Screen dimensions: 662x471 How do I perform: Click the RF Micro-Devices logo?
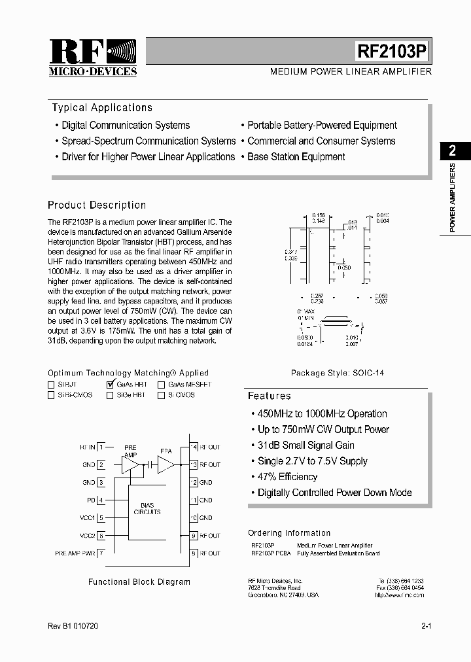click(x=93, y=58)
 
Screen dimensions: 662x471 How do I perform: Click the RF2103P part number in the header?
click(x=393, y=52)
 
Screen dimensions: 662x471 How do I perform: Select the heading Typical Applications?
click(x=102, y=108)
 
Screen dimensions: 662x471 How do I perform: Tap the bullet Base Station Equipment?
click(x=296, y=157)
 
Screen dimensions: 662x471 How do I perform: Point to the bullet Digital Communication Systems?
click(x=126, y=126)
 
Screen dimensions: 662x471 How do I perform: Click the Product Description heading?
click(x=97, y=205)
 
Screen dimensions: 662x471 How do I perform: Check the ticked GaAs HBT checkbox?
click(x=110, y=385)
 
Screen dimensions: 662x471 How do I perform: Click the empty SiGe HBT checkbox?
click(x=110, y=395)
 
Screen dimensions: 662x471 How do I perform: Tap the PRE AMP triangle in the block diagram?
click(x=131, y=464)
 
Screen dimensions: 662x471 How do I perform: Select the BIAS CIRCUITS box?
click(x=147, y=509)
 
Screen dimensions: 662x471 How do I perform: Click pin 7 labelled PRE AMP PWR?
click(x=101, y=553)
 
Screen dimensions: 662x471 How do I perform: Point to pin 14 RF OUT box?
click(x=194, y=447)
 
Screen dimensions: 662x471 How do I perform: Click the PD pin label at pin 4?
click(x=92, y=500)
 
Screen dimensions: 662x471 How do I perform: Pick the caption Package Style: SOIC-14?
click(x=338, y=373)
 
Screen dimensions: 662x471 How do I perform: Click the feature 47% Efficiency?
click(x=287, y=477)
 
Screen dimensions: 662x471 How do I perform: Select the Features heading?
click(x=269, y=396)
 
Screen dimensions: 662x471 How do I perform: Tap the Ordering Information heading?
click(x=289, y=533)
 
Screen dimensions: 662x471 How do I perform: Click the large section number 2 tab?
click(x=452, y=151)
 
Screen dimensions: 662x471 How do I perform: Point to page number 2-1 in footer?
click(x=426, y=627)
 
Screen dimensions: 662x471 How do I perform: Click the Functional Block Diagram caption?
click(x=139, y=582)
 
